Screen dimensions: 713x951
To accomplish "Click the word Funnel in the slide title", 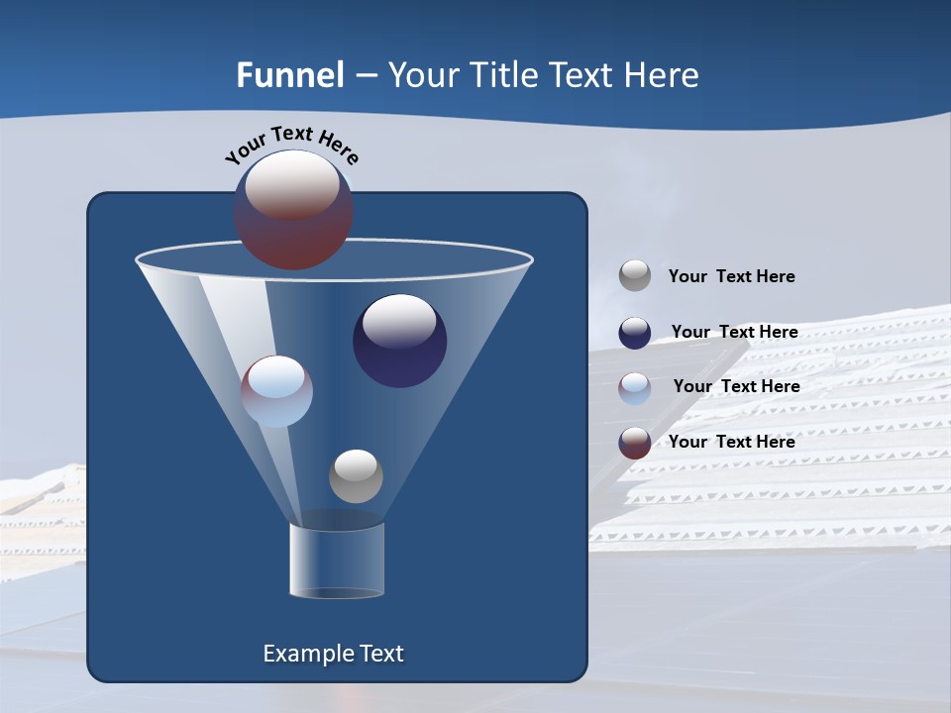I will pyautogui.click(x=290, y=75).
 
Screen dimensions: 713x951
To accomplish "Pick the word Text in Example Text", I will pyautogui.click(x=379, y=654).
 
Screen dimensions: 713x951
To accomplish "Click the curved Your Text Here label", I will pyautogui.click(x=292, y=144).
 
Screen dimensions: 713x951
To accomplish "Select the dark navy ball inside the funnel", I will pyautogui.click(x=400, y=340).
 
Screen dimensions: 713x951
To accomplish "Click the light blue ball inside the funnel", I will pyautogui.click(x=277, y=391).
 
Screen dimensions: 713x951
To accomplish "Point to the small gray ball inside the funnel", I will pyautogui.click(x=356, y=476).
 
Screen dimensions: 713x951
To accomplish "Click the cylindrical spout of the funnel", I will pyautogui.click(x=337, y=560).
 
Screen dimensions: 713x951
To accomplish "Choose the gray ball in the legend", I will pyautogui.click(x=635, y=275).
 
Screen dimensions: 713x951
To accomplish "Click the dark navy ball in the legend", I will pyautogui.click(x=635, y=332).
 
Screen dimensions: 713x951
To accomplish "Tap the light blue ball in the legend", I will pyautogui.click(x=635, y=387).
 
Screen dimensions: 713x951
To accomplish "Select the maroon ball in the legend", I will pyautogui.click(x=635, y=443).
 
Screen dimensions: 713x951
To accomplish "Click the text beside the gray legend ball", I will pyautogui.click(x=731, y=276).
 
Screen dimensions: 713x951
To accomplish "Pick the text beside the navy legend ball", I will pyautogui.click(x=734, y=332).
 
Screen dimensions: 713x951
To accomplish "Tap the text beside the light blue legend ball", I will pyautogui.click(x=736, y=386).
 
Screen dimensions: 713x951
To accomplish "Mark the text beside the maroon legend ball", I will pyautogui.click(x=731, y=442).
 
